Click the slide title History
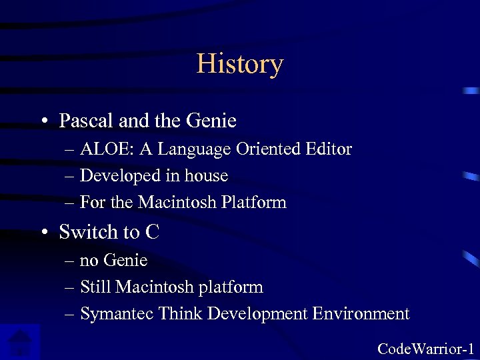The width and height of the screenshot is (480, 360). click(240, 64)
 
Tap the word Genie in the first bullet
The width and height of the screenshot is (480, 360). click(212, 121)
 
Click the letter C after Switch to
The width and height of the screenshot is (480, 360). click(152, 232)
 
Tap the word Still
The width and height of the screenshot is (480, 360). click(95, 287)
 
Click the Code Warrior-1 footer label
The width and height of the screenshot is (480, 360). click(425, 348)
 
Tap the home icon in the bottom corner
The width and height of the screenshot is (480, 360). click(20, 343)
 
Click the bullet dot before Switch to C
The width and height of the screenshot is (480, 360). click(43, 233)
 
